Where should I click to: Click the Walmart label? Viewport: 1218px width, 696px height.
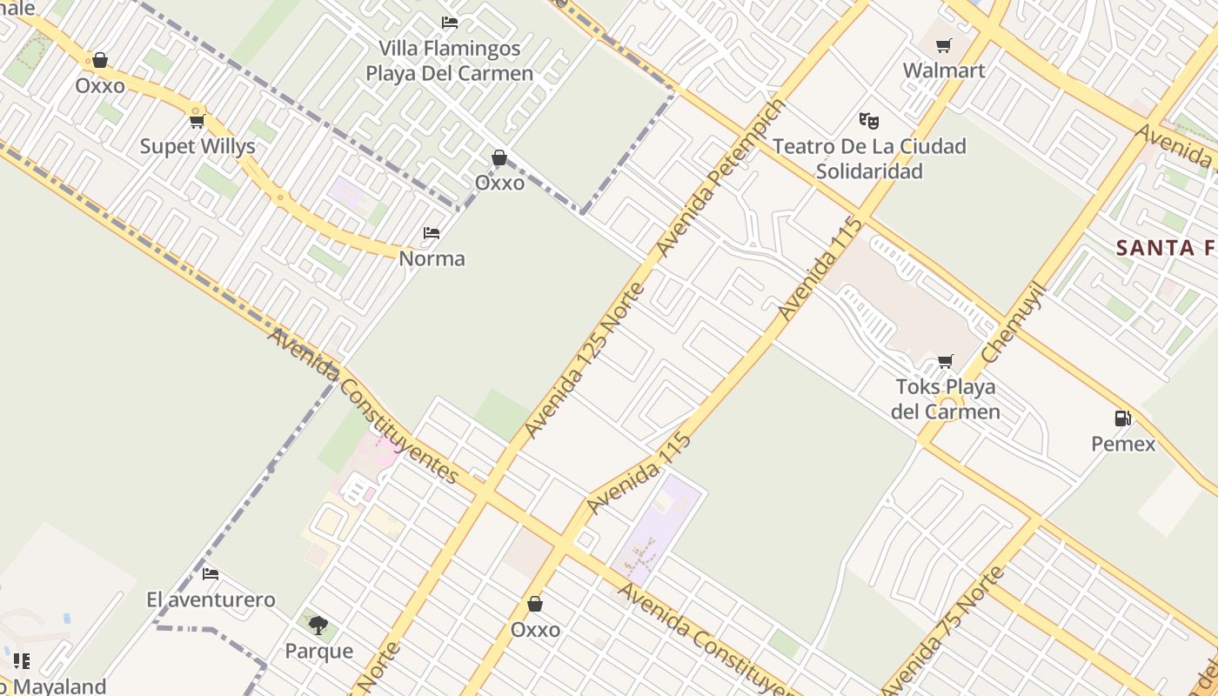coord(944,70)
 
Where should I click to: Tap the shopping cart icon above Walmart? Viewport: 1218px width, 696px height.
coord(944,45)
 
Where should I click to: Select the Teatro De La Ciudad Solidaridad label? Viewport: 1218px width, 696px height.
coord(869,158)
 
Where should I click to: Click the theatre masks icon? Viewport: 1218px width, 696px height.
coord(868,121)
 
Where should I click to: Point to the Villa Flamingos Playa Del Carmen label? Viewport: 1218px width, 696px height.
coord(449,61)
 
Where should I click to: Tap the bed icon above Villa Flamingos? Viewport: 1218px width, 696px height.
coord(450,23)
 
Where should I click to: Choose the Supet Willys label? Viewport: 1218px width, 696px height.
coord(197,146)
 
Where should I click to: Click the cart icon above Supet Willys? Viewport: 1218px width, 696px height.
coord(197,121)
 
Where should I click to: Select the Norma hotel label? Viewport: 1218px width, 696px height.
coord(432,258)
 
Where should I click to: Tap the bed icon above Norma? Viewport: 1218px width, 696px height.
coord(432,233)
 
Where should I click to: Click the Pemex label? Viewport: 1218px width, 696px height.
coord(1123,444)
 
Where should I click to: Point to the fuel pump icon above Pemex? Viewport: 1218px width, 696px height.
coord(1123,418)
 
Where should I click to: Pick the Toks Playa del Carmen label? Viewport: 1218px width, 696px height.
coord(946,398)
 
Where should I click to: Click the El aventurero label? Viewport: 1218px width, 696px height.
coord(211,599)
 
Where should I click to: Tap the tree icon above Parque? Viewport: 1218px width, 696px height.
coord(318,625)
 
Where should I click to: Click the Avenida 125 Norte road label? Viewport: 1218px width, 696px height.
coord(584,360)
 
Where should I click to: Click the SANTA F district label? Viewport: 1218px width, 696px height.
coord(1166,248)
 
